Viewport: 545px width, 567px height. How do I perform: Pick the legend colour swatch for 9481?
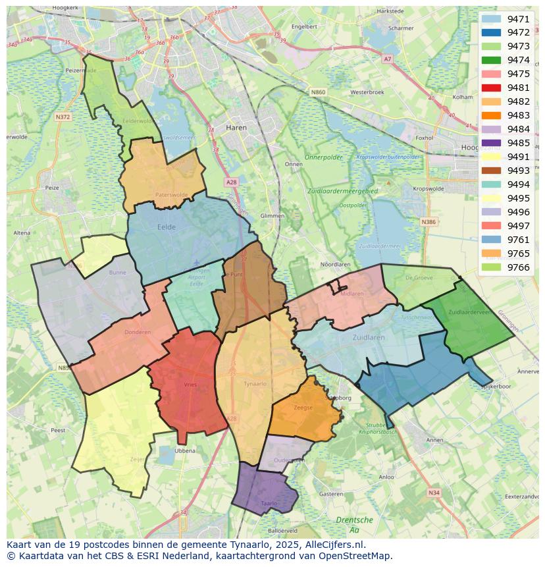491,88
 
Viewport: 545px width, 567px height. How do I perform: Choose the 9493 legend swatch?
491,171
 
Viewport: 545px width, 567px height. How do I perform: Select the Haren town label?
236,128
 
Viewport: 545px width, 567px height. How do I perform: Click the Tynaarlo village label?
255,383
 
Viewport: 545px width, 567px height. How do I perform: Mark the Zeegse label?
303,408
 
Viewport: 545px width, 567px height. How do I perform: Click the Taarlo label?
269,502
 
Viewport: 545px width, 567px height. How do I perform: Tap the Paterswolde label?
172,195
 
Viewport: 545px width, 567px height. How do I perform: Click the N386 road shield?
428,222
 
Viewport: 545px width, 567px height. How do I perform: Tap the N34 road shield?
433,492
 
